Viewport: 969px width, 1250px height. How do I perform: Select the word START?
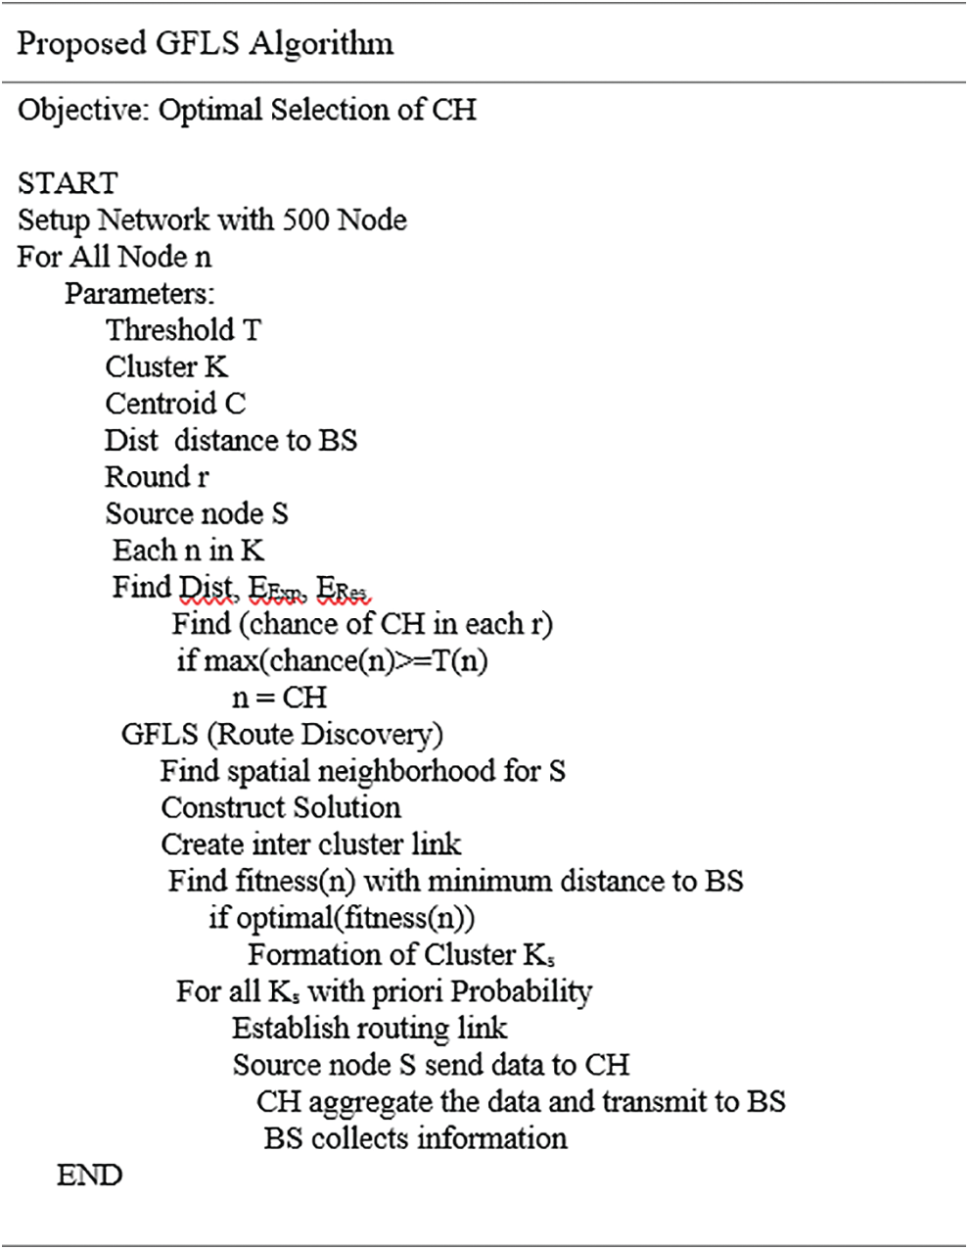pyautogui.click(x=68, y=183)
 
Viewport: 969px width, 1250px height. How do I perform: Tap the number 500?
pyautogui.click(x=305, y=219)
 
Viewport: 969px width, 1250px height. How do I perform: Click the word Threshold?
pyautogui.click(x=170, y=330)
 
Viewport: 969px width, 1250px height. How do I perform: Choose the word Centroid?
pyautogui.click(x=161, y=404)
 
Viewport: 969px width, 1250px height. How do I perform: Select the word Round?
pyautogui.click(x=148, y=477)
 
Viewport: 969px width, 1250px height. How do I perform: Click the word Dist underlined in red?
pyautogui.click(x=206, y=588)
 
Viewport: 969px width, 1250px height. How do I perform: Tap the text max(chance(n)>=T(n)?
pyautogui.click(x=346, y=661)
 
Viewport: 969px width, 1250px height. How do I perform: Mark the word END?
pyautogui.click(x=89, y=1176)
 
